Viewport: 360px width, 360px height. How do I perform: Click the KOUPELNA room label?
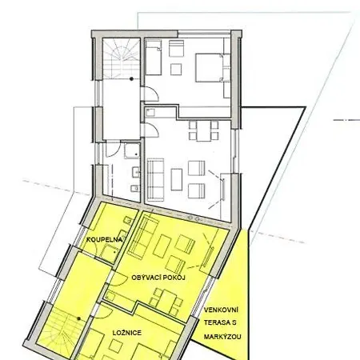(104, 239)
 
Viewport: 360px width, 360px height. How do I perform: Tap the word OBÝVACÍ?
(146, 278)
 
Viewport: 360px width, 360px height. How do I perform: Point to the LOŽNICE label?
(127, 333)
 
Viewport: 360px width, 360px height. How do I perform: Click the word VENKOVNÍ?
(221, 310)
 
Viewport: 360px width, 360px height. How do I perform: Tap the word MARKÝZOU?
(222, 337)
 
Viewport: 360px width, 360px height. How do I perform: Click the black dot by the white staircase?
(131, 79)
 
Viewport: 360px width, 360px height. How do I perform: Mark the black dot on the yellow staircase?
(78, 318)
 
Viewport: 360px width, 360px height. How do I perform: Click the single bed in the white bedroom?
(154, 58)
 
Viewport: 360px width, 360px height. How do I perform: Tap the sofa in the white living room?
(155, 180)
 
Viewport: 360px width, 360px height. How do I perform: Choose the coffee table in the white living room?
(177, 179)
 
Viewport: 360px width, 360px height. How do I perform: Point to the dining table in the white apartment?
(204, 131)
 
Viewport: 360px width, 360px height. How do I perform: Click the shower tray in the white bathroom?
(132, 150)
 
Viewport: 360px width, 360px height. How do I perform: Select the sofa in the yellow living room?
(141, 237)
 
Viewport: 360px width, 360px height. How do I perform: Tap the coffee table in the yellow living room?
(162, 246)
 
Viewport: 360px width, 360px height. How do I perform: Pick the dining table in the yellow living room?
(166, 300)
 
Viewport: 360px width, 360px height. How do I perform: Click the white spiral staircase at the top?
(122, 58)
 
